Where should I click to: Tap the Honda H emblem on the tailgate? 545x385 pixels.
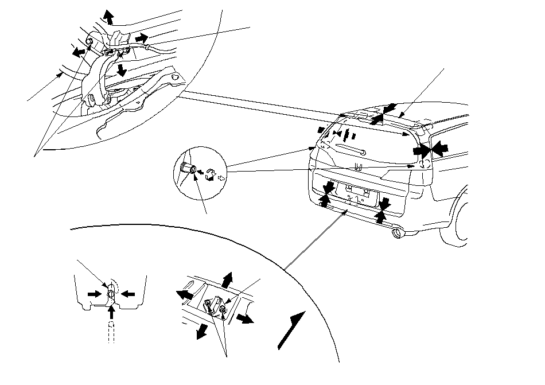pos(358,168)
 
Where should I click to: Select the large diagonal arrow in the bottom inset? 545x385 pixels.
pos(291,329)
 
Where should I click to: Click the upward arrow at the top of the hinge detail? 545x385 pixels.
pos(108,16)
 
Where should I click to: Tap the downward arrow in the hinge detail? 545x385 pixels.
pos(120,70)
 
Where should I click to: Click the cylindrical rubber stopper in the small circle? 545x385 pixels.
pos(188,169)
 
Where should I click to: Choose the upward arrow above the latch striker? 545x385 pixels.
pos(228,279)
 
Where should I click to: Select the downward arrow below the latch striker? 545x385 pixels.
pos(202,331)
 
